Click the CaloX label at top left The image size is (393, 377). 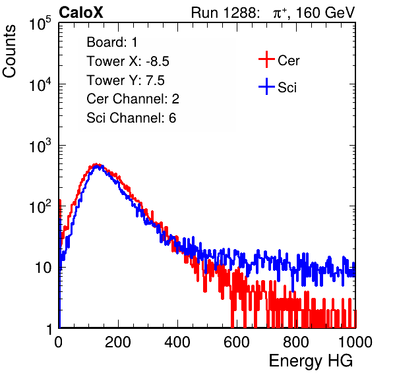click(x=80, y=13)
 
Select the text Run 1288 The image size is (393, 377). click(x=225, y=13)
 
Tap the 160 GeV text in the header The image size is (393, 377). click(x=325, y=13)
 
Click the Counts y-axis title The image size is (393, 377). click(x=9, y=51)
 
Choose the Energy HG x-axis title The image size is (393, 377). click(x=311, y=361)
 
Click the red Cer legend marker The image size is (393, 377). click(x=266, y=59)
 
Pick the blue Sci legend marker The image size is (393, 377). click(x=266, y=86)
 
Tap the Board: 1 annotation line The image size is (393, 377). click(x=112, y=42)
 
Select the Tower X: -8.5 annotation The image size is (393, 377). click(x=128, y=61)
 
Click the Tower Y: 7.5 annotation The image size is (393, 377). click(x=125, y=80)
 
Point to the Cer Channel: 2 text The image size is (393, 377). click(x=133, y=99)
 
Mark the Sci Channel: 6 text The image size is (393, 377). click(x=131, y=118)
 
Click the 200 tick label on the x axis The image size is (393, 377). click(x=118, y=342)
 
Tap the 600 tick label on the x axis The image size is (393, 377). click(x=237, y=342)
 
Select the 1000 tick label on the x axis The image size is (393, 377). click(x=355, y=342)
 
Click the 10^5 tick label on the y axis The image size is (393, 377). click(x=40, y=24)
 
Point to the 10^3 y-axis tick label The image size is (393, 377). click(x=40, y=146)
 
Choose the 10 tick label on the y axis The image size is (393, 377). click(x=43, y=268)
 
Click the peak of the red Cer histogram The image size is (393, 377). click(x=96, y=164)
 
